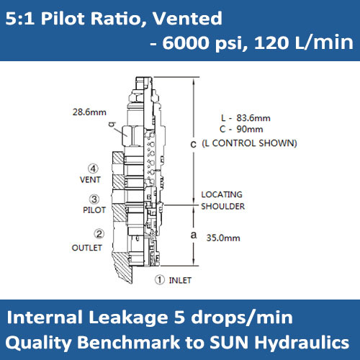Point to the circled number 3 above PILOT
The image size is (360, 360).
tap(94, 199)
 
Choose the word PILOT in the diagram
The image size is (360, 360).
tap(94, 210)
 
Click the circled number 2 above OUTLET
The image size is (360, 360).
tap(99, 233)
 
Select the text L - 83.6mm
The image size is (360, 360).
tap(244, 118)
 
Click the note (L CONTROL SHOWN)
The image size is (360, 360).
tap(249, 143)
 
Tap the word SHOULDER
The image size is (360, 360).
tap(222, 207)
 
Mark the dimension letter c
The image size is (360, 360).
tap(192, 145)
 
